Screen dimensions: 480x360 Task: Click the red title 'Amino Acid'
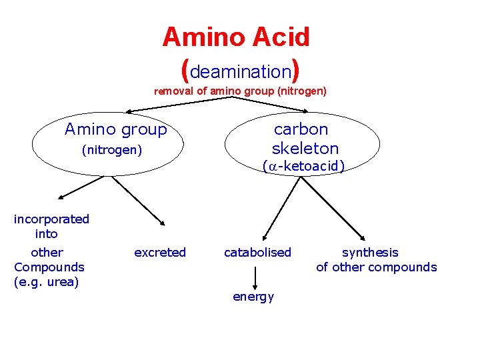[x=236, y=37]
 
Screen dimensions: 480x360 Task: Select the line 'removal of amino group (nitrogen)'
[x=240, y=91]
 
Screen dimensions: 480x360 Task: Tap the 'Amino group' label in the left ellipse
[x=115, y=129]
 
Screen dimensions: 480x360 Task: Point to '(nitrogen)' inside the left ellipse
[x=112, y=151]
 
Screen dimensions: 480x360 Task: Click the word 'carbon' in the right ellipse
[x=301, y=129]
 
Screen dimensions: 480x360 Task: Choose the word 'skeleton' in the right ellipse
[x=305, y=148]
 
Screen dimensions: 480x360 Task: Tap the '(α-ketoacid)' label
[x=303, y=166]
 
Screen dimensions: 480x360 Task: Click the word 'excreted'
[x=160, y=252]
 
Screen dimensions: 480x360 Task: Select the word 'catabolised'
[x=257, y=252]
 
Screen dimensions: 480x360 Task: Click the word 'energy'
[x=253, y=297]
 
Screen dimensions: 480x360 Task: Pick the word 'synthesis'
[x=370, y=252]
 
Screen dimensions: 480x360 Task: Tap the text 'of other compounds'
[x=377, y=267]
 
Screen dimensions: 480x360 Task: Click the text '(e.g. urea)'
[x=46, y=282]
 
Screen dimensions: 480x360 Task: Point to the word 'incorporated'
[x=51, y=219]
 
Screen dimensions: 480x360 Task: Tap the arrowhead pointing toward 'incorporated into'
[x=61, y=197]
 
